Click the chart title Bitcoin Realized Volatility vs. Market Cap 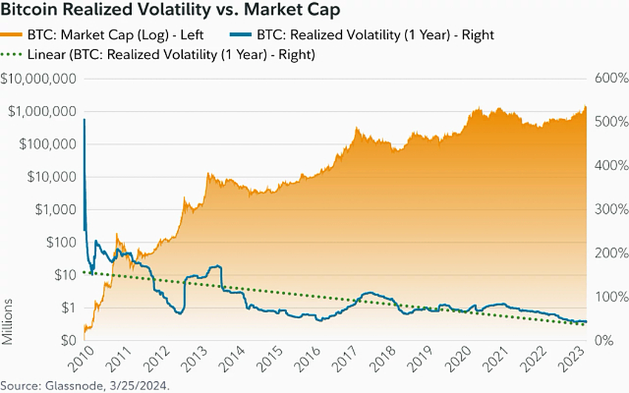tap(171, 11)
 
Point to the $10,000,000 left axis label tap(38, 78)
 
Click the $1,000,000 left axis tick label tap(41, 111)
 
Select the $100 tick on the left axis tap(60, 242)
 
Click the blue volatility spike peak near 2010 tap(84, 119)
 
